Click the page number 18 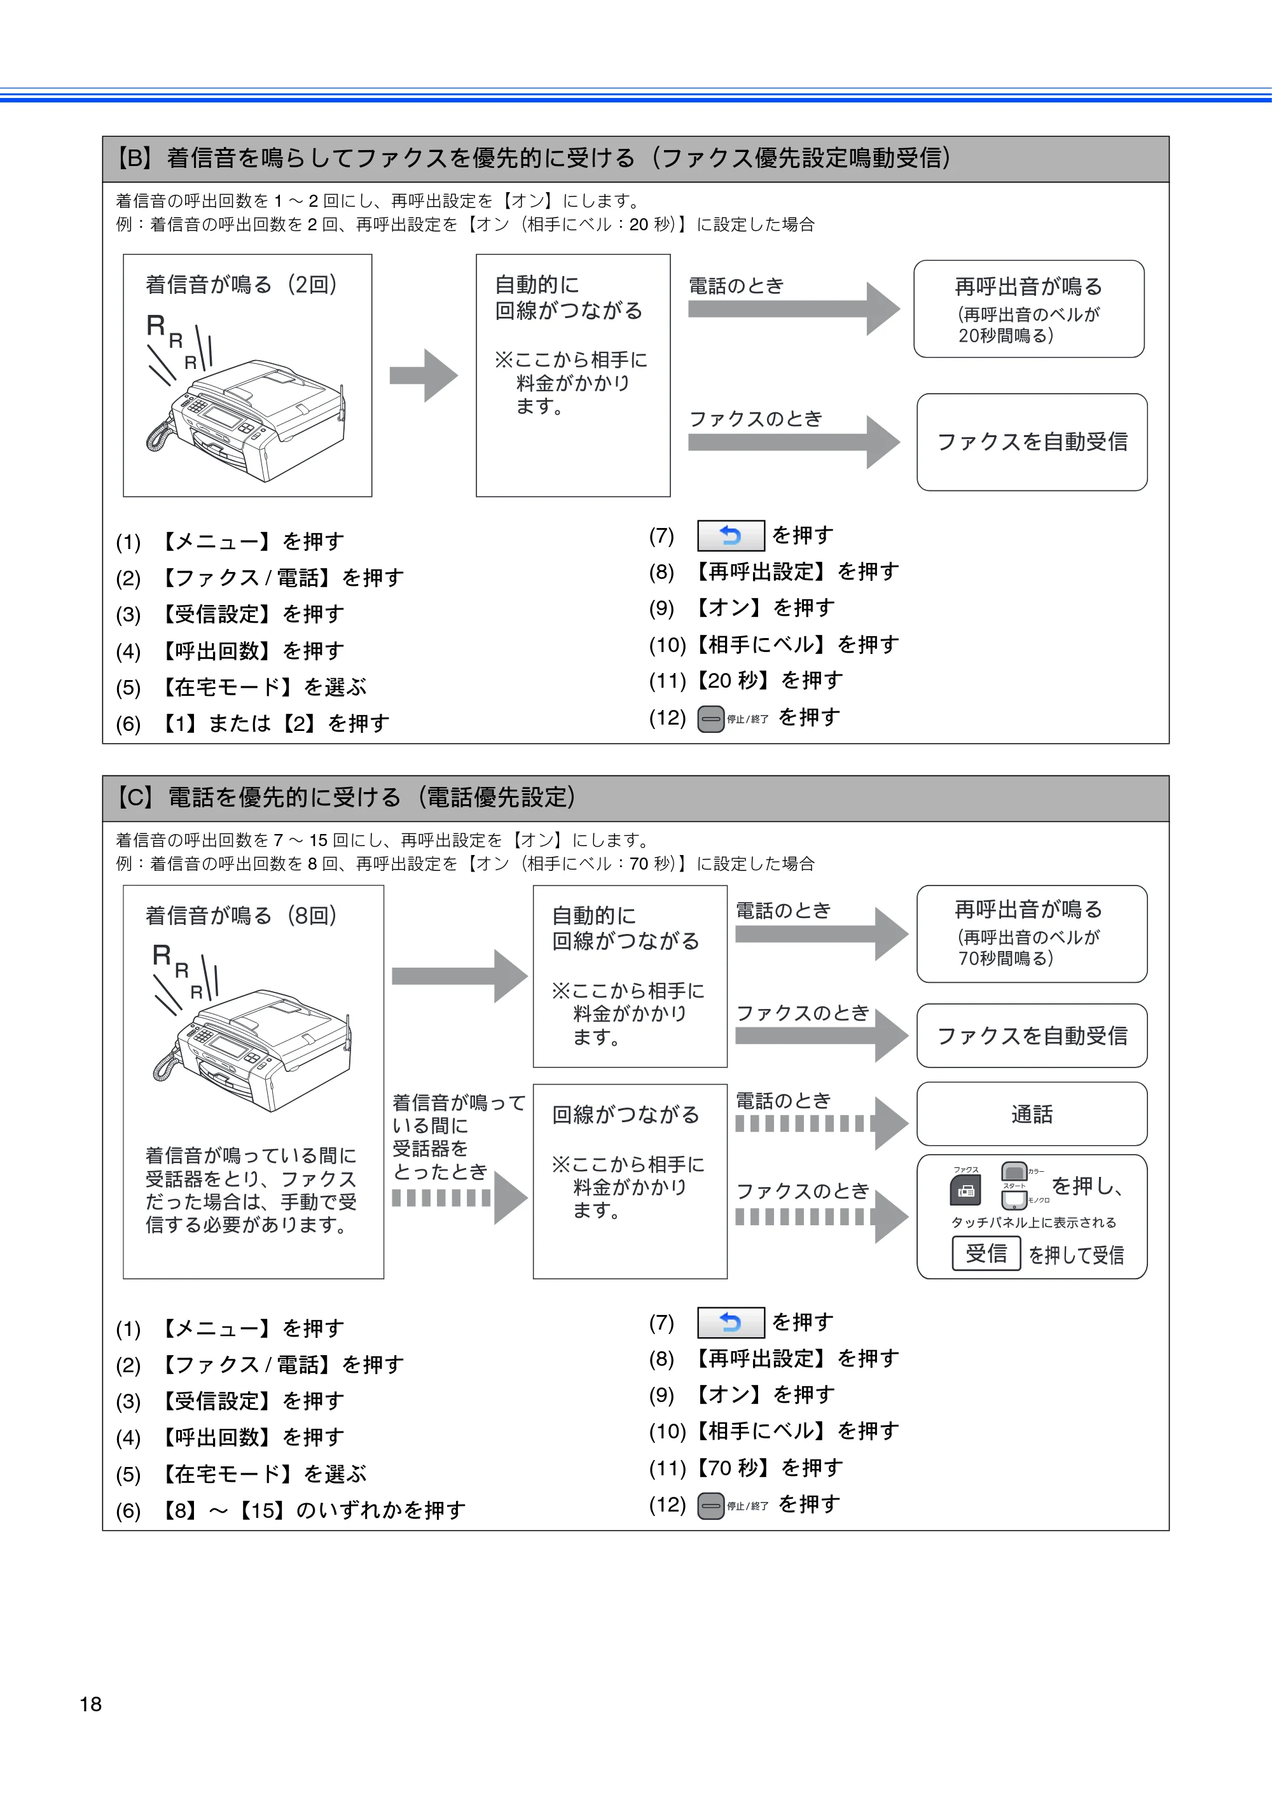(90, 1704)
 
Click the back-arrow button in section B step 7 (731, 536)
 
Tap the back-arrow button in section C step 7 (731, 1323)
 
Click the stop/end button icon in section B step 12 (710, 718)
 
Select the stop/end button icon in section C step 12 (710, 1505)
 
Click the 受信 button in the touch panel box (986, 1253)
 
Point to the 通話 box (1031, 1114)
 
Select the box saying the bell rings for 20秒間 (1028, 309)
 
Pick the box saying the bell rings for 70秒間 (1031, 933)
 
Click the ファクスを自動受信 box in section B (1031, 442)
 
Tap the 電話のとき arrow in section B (794, 309)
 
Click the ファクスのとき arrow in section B (794, 442)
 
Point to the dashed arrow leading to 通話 (821, 1123)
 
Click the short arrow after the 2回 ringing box (424, 375)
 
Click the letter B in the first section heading (135, 158)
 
